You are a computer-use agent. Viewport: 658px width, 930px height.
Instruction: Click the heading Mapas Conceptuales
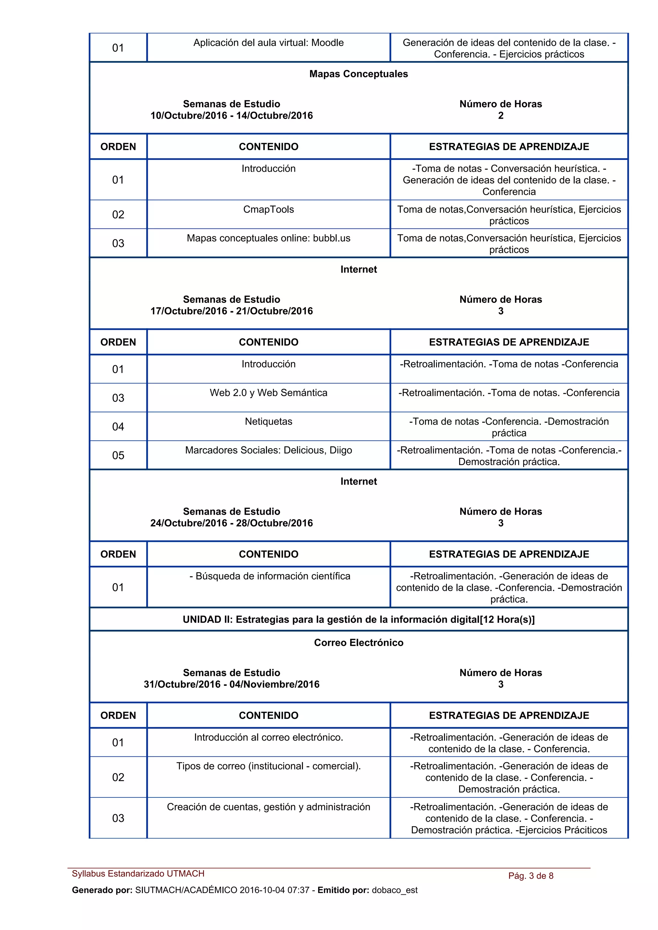[358, 74]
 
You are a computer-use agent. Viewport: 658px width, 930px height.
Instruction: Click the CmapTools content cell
[268, 210]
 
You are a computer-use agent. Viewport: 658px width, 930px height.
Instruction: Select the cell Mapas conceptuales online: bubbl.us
[268, 238]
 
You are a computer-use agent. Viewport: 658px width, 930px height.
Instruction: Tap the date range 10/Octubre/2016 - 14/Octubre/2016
[232, 116]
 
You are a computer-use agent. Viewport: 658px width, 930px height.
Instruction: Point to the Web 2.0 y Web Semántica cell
[268, 393]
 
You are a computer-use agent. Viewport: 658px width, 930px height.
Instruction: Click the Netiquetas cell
[268, 422]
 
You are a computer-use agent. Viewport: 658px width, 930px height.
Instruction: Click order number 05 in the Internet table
[118, 455]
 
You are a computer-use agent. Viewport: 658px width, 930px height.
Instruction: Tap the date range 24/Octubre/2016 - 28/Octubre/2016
[232, 523]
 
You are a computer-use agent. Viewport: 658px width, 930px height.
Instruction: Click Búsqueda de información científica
[270, 576]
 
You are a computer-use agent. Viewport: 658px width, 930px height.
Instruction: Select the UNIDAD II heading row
[358, 619]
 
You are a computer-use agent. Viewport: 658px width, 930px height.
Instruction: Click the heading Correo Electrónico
[358, 642]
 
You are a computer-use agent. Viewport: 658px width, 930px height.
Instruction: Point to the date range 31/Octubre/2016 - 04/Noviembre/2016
[232, 684]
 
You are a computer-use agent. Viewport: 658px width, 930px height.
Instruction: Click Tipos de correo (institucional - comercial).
[268, 766]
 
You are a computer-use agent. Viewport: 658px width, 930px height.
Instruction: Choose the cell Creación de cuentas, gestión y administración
[268, 807]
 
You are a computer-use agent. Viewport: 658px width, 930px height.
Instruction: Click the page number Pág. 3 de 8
[531, 876]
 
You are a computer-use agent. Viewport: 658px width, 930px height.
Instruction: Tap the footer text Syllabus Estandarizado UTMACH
[138, 874]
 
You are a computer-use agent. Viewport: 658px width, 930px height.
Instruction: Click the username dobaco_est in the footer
[395, 890]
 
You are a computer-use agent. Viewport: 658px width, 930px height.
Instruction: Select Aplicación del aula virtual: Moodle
[268, 43]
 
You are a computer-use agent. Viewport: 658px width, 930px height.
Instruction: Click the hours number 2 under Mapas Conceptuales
[501, 116]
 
